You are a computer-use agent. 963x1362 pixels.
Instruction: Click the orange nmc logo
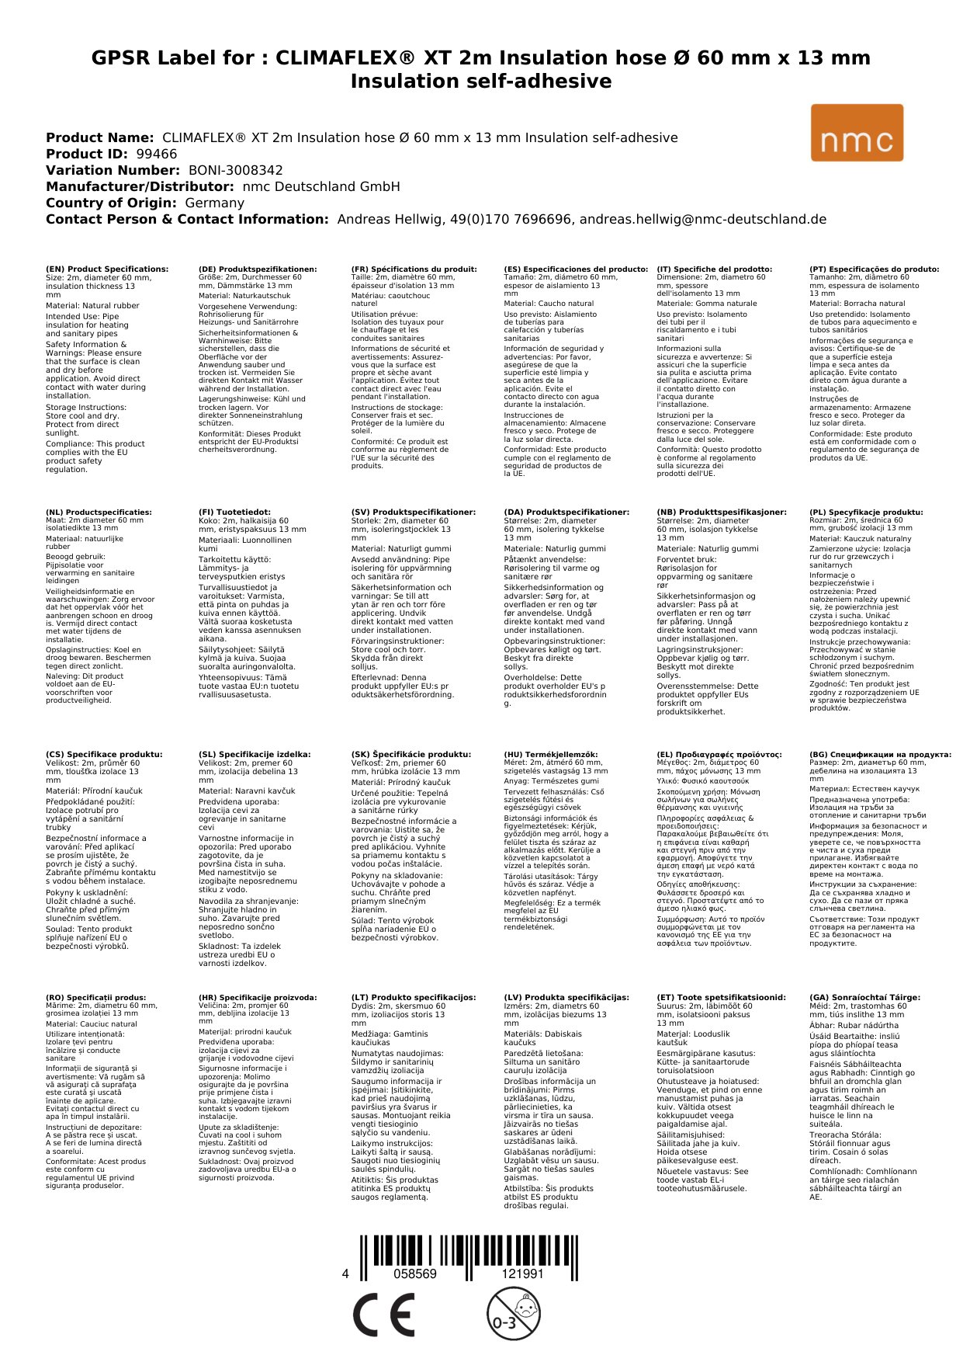tap(857, 133)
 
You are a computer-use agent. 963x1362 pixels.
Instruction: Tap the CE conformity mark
tap(383, 1315)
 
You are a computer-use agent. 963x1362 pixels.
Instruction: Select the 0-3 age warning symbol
tap(513, 1313)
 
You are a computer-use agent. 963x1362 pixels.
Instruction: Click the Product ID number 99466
tap(155, 154)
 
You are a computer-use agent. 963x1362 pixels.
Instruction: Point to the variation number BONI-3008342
tap(236, 170)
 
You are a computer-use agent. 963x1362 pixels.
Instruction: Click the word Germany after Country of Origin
tap(214, 203)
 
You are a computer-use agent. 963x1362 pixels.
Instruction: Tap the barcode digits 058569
tap(415, 1274)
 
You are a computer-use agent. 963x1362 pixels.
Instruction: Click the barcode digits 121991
tap(522, 1274)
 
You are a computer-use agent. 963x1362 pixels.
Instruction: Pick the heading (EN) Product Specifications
tap(107, 269)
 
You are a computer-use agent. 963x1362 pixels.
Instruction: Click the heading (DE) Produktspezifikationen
tap(258, 269)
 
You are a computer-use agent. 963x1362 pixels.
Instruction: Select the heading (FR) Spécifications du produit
tap(414, 269)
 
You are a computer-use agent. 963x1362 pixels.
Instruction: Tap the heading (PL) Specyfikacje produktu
tap(866, 512)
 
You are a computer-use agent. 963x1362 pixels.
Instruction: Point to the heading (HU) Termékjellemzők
tap(551, 754)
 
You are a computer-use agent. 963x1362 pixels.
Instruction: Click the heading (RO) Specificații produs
tap(95, 997)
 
